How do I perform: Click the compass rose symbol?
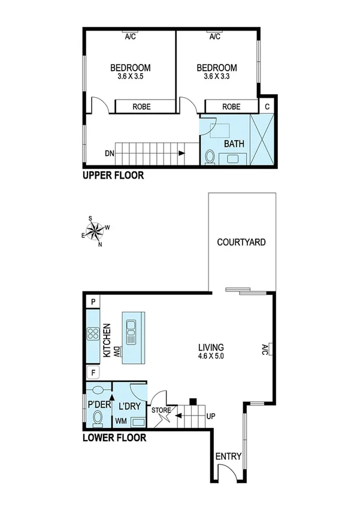[96, 230]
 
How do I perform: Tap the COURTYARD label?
[241, 243]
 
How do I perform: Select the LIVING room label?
[211, 347]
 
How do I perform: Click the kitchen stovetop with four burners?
[93, 334]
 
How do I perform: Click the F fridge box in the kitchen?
[93, 373]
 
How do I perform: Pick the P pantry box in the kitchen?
[93, 302]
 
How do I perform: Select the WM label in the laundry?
[120, 421]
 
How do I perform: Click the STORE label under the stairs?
[162, 411]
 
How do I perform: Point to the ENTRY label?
[228, 456]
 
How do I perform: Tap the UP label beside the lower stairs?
[211, 415]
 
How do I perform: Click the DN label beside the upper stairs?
[109, 153]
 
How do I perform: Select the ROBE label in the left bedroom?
[142, 107]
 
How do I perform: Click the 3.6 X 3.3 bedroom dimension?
[216, 77]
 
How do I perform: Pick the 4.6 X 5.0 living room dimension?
[211, 357]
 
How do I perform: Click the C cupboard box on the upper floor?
[267, 106]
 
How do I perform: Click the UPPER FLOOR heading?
[114, 176]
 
